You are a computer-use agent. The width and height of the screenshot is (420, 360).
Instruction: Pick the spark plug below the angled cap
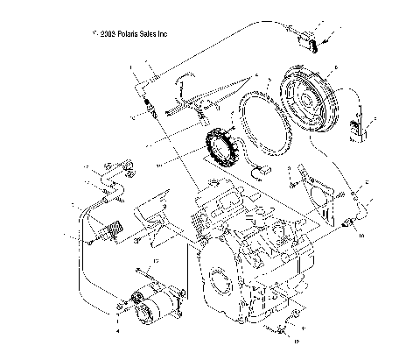(150, 111)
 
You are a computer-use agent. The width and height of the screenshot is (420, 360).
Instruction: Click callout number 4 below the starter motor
(119, 332)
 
